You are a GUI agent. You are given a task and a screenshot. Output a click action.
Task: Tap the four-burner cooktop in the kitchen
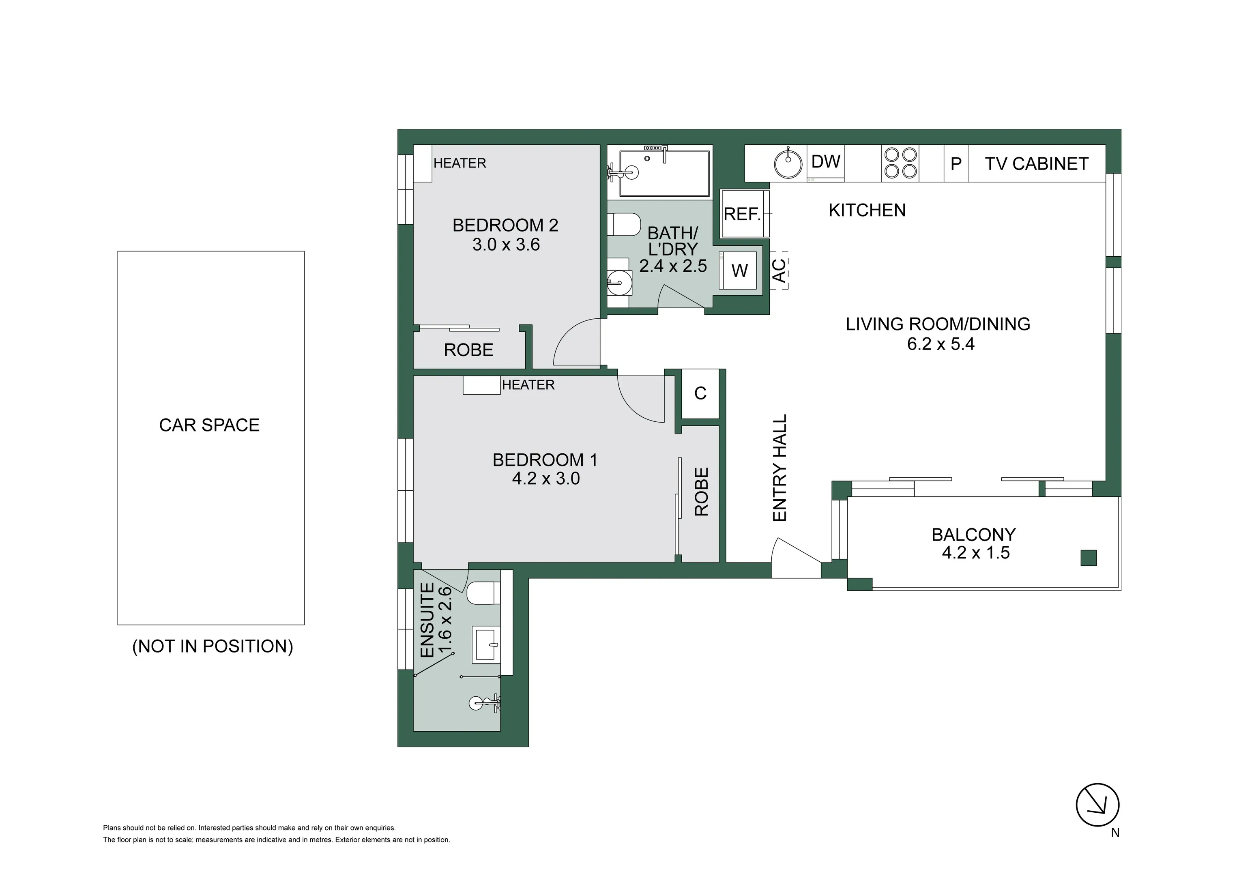coord(900,163)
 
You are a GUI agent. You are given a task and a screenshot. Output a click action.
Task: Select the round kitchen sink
coord(788,163)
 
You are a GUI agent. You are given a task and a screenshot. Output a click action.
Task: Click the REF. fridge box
coord(742,214)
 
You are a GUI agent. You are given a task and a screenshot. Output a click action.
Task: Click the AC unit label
coord(779,271)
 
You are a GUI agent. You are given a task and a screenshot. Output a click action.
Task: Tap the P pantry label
coord(956,163)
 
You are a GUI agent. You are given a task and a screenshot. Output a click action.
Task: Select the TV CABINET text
coord(1036,163)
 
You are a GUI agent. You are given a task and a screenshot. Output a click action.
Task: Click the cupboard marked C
coord(700,393)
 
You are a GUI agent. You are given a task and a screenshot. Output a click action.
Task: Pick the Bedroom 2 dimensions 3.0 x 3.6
coord(506,245)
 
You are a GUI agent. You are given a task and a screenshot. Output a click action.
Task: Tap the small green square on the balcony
coord(1089,558)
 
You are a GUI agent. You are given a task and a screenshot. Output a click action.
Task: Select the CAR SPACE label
coord(209,425)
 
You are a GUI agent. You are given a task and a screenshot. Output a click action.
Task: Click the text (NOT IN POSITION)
coord(213,646)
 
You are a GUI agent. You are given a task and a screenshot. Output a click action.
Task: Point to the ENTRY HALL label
coord(780,468)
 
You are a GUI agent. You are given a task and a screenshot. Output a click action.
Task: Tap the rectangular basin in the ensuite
coord(487,644)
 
